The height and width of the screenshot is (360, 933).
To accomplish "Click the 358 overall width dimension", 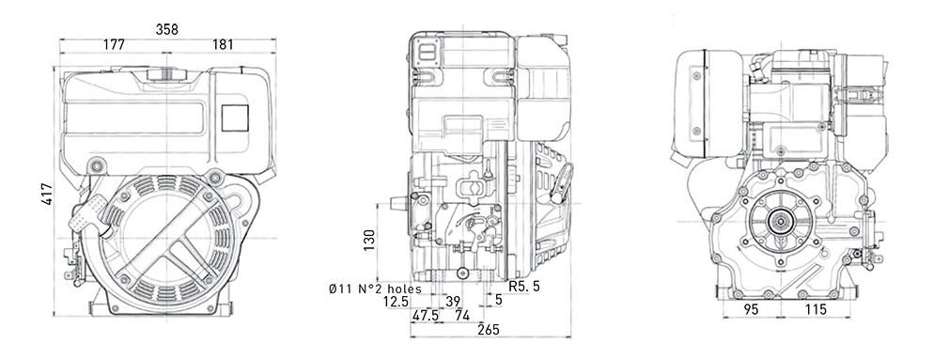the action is (x=167, y=29).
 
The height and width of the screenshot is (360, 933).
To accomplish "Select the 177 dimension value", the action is (x=114, y=44).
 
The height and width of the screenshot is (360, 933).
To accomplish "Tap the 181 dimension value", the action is (x=223, y=44).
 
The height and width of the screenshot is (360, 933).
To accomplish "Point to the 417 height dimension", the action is (x=47, y=194).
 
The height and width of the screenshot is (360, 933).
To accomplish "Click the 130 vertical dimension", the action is (x=369, y=239).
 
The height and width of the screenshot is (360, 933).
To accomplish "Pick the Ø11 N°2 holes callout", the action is (x=375, y=290).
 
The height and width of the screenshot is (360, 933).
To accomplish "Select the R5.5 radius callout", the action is (x=524, y=287).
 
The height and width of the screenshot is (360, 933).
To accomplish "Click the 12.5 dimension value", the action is (x=397, y=302).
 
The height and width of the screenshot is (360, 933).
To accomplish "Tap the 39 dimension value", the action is (x=454, y=302).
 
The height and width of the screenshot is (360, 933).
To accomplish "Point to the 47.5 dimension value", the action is (x=426, y=316).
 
